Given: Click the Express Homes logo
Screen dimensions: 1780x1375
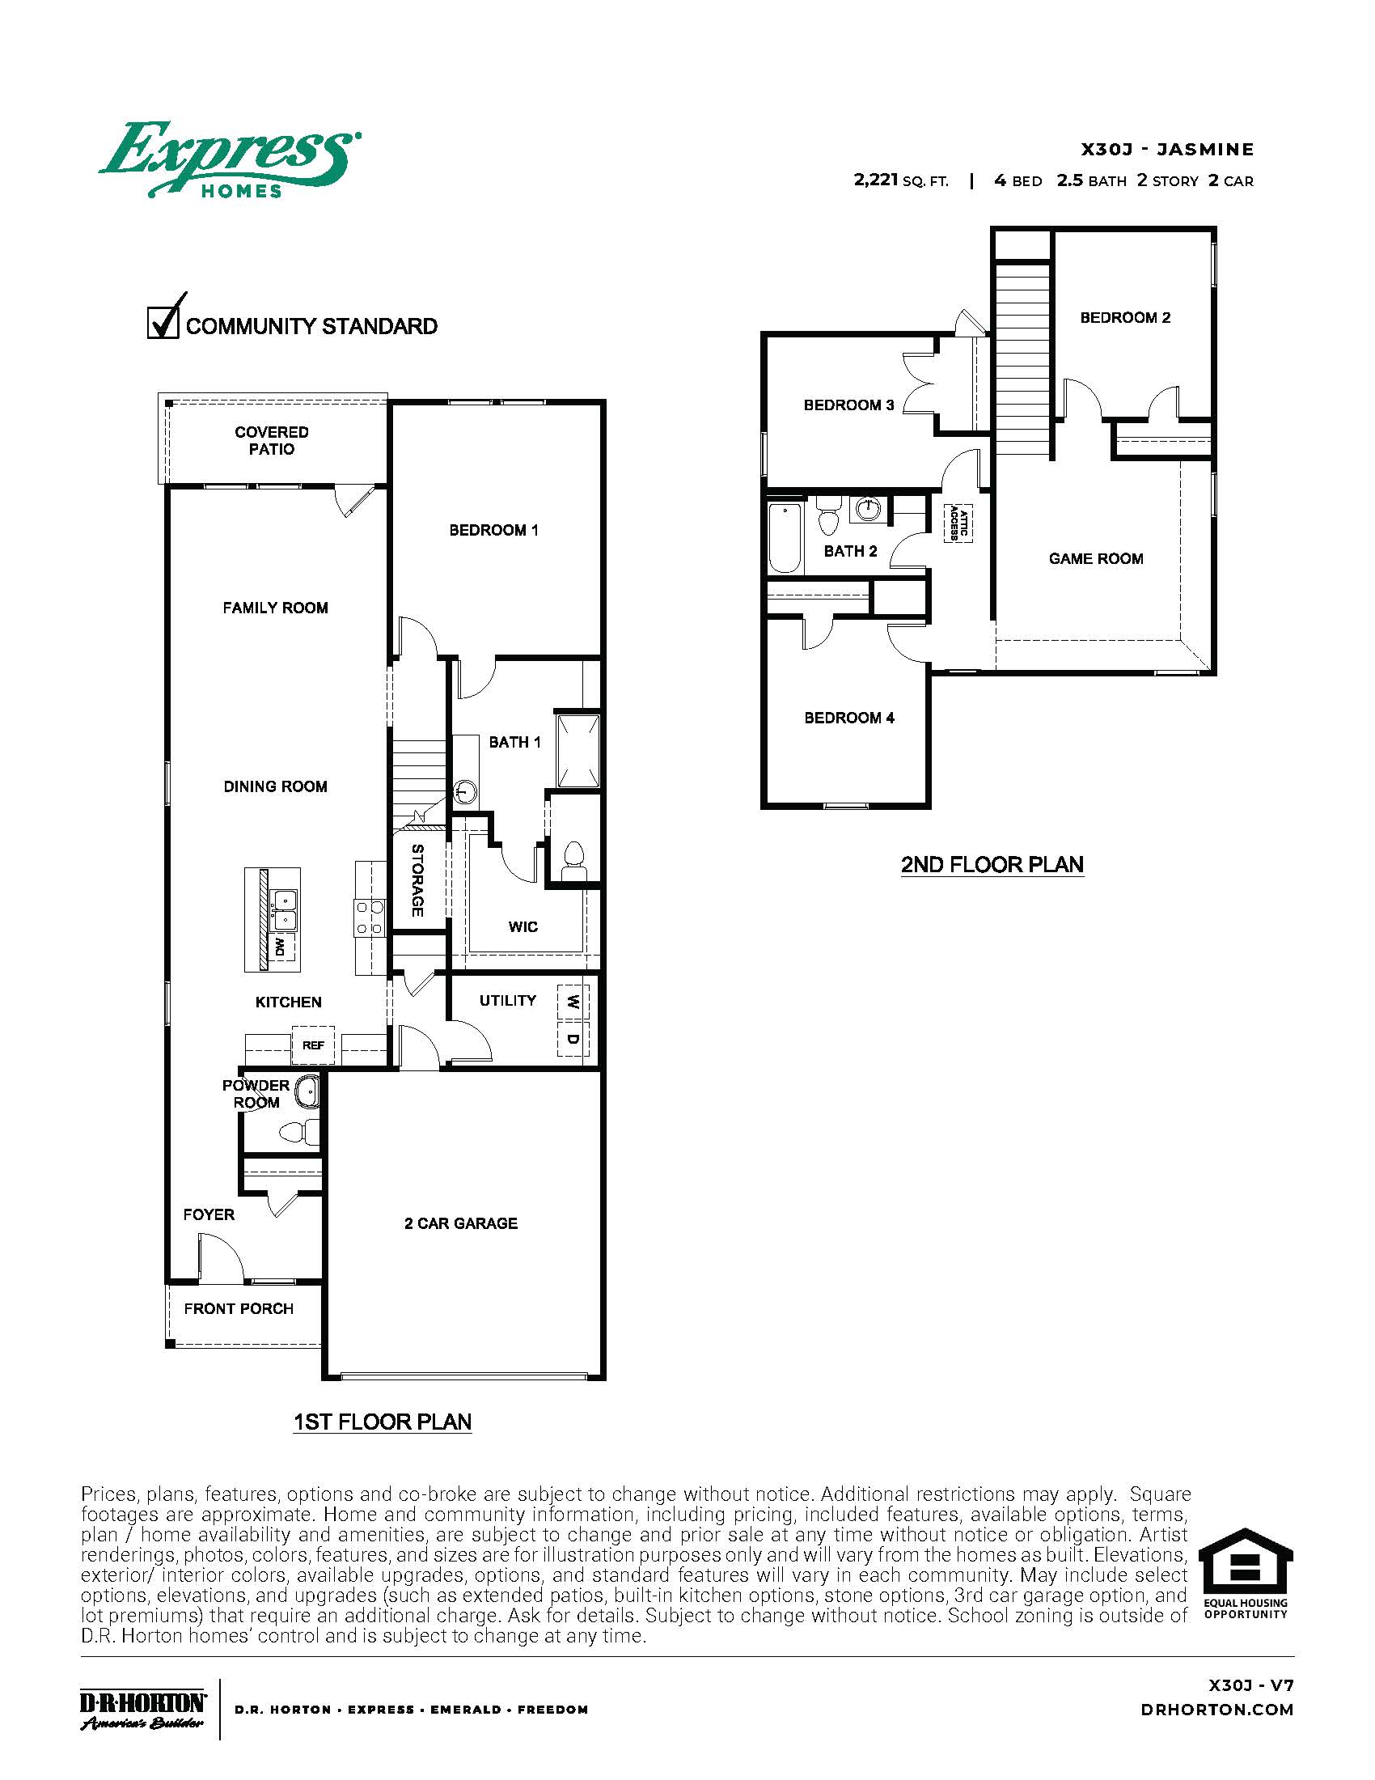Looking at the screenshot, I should (x=229, y=159).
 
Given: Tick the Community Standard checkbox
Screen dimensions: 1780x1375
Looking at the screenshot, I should (x=162, y=322).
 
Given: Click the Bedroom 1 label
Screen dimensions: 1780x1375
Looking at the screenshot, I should (x=493, y=530).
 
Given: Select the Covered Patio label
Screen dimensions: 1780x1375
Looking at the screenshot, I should (x=271, y=440).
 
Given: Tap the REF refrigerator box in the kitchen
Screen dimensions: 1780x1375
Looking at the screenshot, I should (x=313, y=1045).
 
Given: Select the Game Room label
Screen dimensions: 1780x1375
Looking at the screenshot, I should (x=1096, y=558).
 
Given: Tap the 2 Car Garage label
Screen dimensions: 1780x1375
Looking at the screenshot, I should (x=460, y=1223).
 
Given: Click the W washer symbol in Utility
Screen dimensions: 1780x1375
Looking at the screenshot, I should (x=573, y=1002).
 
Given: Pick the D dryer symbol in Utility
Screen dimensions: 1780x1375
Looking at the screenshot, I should (x=573, y=1039).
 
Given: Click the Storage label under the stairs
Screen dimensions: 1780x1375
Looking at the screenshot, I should (x=417, y=880).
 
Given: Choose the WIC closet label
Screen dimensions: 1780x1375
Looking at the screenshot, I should (x=522, y=926).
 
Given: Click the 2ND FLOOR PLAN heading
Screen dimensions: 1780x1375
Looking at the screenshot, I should (x=992, y=864).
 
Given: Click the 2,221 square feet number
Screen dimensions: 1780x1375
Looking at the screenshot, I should (x=876, y=180).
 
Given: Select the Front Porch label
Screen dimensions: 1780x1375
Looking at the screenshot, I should (x=238, y=1308).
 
